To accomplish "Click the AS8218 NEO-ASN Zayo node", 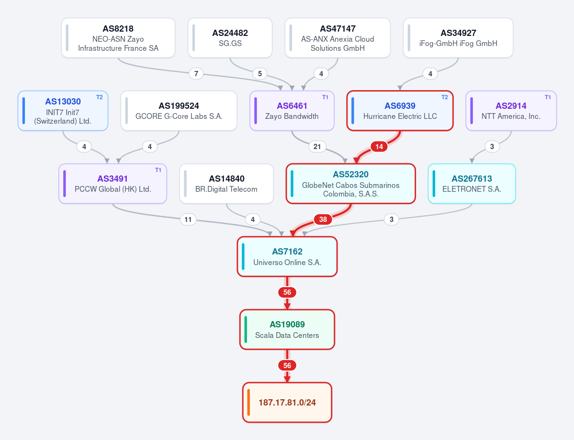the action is (x=118, y=38).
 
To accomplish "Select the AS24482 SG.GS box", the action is (x=230, y=38).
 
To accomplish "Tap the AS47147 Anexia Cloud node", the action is (x=338, y=38).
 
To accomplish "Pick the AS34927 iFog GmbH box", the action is (x=458, y=38).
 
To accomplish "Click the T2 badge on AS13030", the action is (x=100, y=97).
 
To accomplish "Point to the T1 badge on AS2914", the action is (x=548, y=97).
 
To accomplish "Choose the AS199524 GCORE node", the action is (x=179, y=111).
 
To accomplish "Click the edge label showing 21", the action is (x=317, y=147).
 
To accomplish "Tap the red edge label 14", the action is (x=379, y=147).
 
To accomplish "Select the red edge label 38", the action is (x=323, y=220).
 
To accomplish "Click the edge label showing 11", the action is (x=188, y=220).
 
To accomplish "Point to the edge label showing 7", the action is (x=196, y=74).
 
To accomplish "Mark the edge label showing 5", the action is (x=260, y=74).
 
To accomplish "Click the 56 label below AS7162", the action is (x=287, y=292).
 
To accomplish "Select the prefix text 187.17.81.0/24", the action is (x=287, y=403).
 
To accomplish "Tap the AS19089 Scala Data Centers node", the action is (x=287, y=329).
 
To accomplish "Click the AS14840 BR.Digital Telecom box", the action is (x=226, y=184).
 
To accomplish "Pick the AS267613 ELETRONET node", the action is (x=472, y=184).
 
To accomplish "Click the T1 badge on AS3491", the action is (x=158, y=170).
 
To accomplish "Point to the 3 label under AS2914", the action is (x=492, y=147).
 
